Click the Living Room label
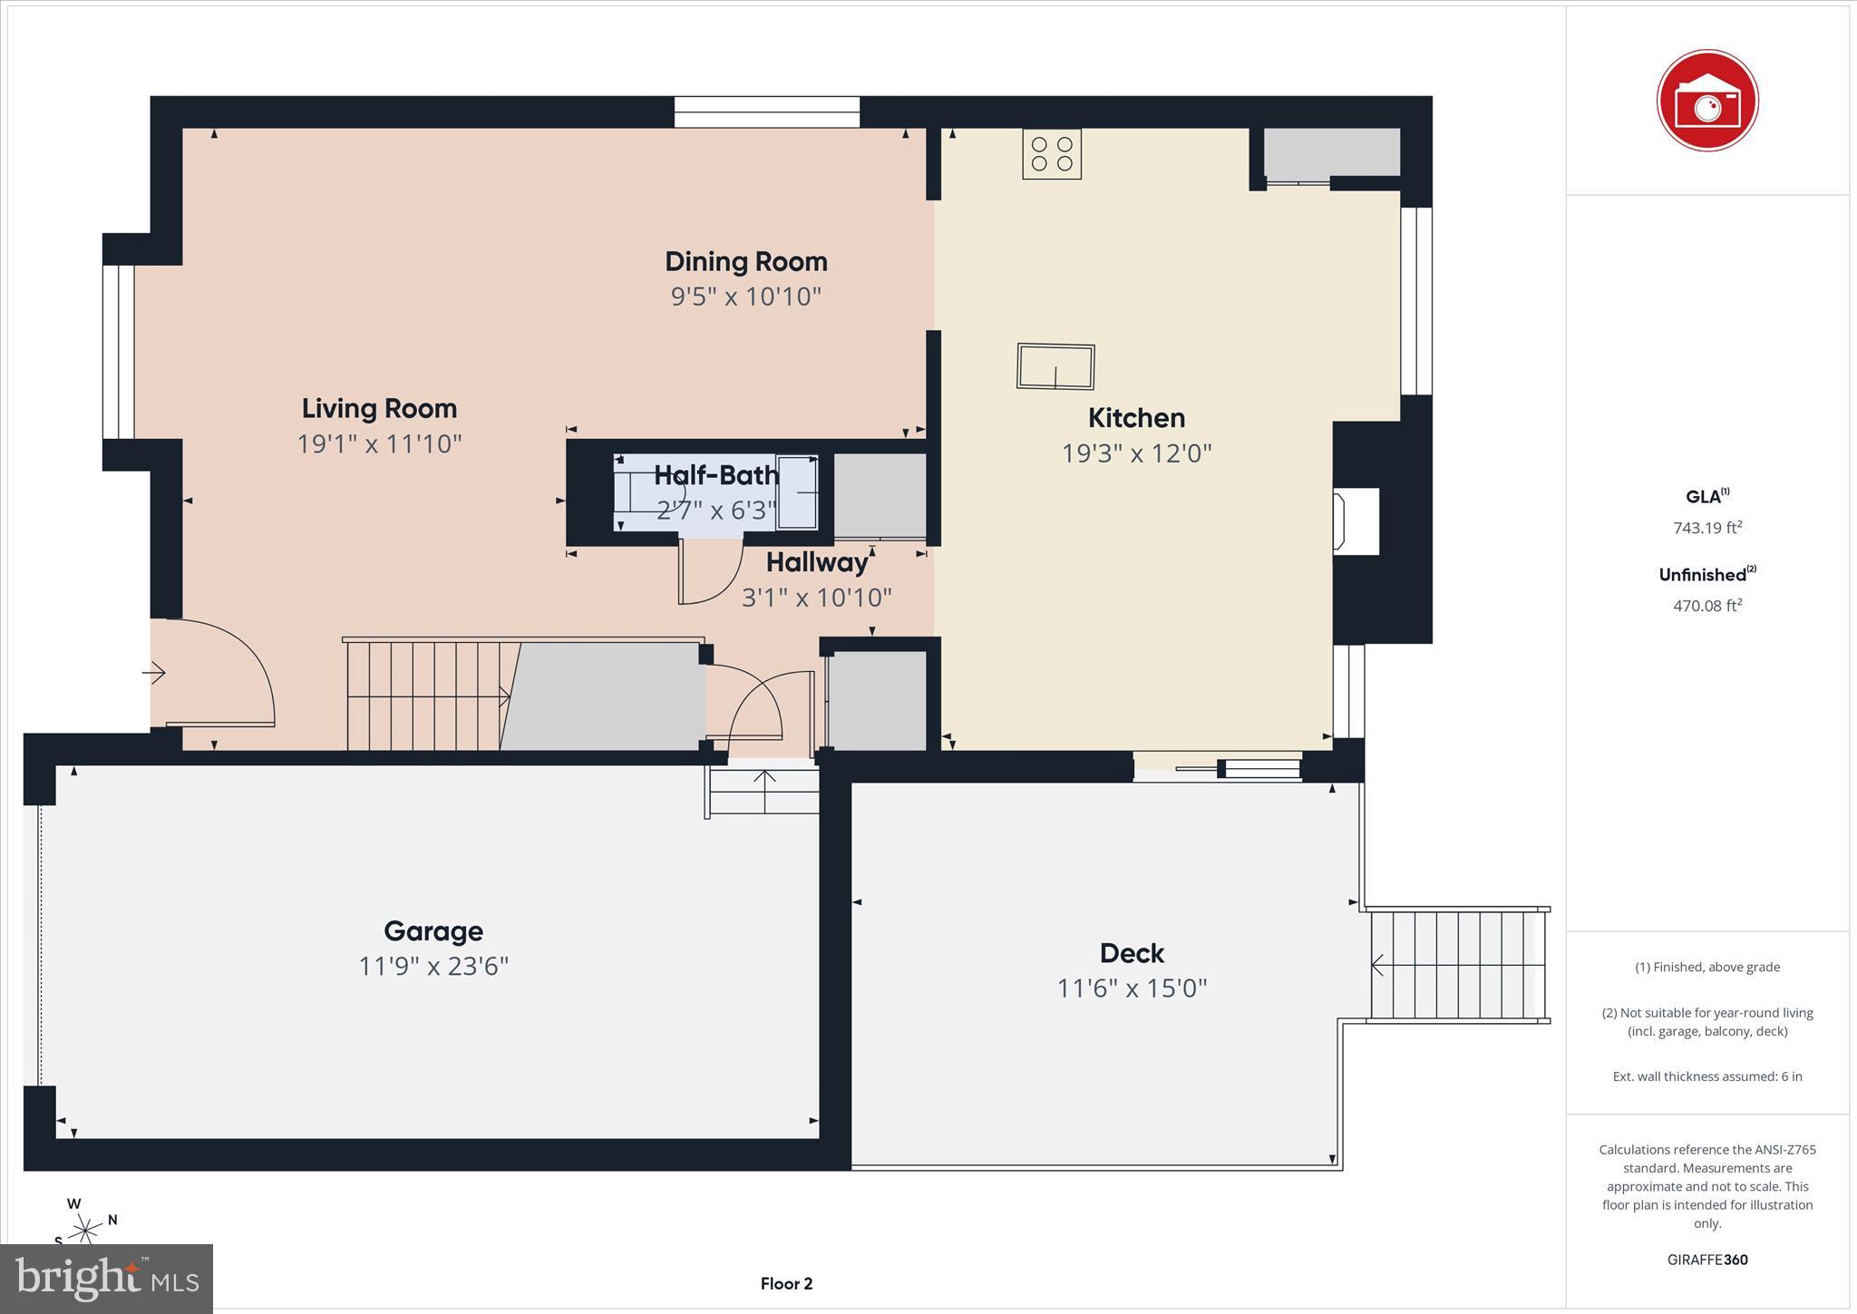[x=379, y=409]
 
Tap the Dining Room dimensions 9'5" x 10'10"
[x=745, y=297]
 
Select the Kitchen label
[x=1136, y=418]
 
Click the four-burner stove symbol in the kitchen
[x=1052, y=154]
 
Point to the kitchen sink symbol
[x=1055, y=366]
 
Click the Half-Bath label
[x=715, y=475]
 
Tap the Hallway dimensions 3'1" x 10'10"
[x=816, y=598]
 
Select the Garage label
[x=433, y=931]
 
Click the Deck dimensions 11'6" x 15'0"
[x=1132, y=988]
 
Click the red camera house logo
[x=1706, y=101]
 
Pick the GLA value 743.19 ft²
[x=1706, y=528]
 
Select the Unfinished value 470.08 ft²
[x=1706, y=606]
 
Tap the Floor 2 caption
[x=786, y=1283]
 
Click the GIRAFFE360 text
[x=1706, y=1260]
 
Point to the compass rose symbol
[x=85, y=1229]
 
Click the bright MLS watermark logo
[x=107, y=1279]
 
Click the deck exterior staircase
[x=1457, y=966]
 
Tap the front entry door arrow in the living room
[x=153, y=673]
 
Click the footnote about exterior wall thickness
[x=1706, y=1076]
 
